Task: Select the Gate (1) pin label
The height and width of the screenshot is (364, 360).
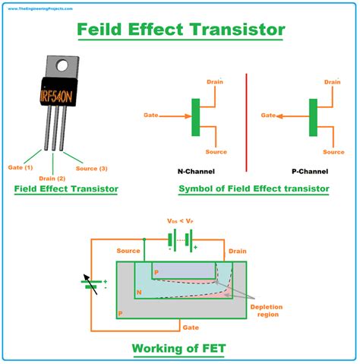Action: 19,166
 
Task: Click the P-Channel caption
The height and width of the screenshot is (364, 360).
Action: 311,171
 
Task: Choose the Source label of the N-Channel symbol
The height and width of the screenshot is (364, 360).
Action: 216,151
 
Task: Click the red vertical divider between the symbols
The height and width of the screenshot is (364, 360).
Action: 247,122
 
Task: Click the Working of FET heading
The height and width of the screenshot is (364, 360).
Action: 180,349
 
